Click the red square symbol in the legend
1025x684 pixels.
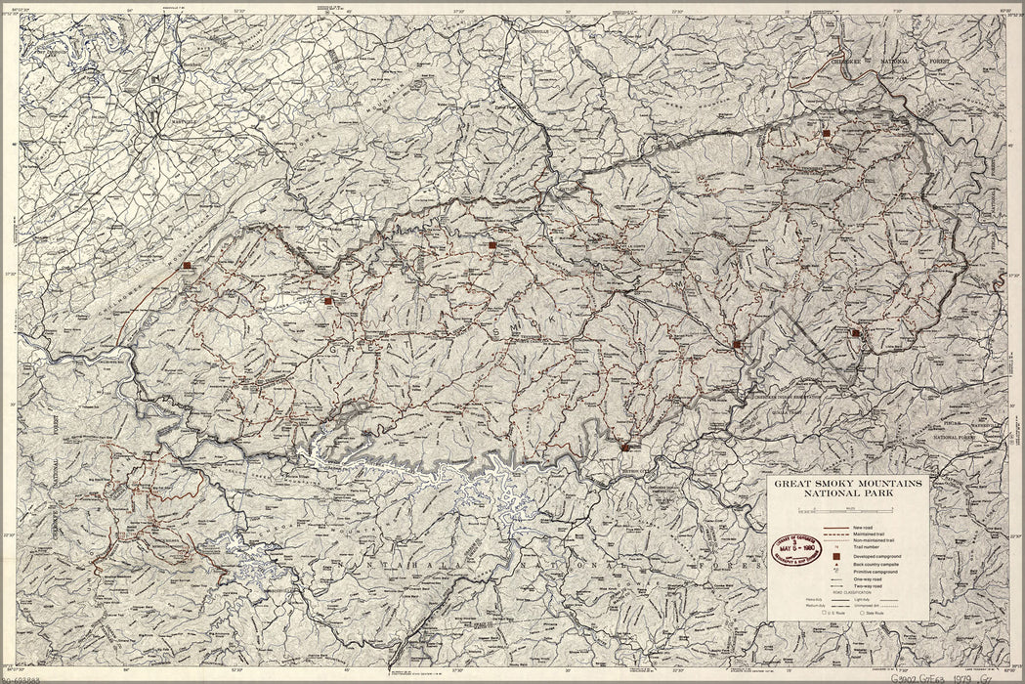[837, 558]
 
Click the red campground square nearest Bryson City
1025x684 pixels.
[624, 447]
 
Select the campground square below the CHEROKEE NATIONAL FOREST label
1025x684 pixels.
[826, 132]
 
